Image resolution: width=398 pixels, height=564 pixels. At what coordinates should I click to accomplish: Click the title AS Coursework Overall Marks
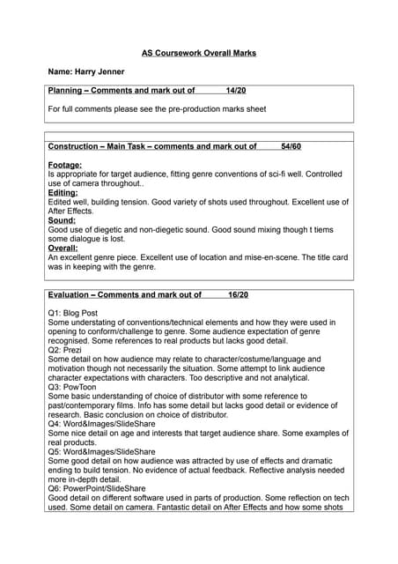click(199, 53)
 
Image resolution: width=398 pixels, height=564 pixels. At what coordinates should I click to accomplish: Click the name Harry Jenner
click(85, 71)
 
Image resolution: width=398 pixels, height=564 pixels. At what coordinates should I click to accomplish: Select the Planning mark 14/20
click(236, 91)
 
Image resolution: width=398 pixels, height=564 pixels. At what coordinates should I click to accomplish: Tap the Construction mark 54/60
click(291, 146)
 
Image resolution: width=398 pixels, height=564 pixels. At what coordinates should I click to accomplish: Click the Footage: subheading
click(65, 165)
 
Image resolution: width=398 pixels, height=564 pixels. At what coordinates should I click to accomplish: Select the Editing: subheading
click(63, 192)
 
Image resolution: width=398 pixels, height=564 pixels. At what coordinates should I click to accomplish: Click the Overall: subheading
click(63, 249)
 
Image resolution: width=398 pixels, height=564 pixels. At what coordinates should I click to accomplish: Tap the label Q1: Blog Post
click(73, 313)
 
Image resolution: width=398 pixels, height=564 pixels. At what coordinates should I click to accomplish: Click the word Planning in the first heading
click(66, 91)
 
